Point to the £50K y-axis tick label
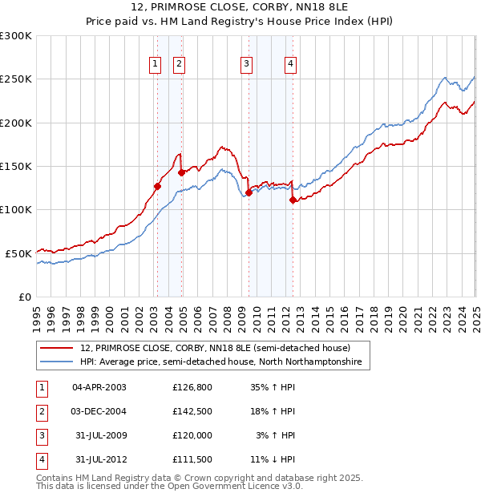coord(18,253)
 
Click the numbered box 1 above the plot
coord(154,65)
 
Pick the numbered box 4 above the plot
coord(290,65)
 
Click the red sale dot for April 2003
coord(157,187)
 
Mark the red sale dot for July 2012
coord(293,200)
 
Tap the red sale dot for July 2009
coord(249,192)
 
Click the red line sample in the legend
coord(58,349)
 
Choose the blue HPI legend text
coord(220,362)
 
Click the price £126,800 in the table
coord(192,387)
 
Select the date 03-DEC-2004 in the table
coord(99,411)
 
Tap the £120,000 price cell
coord(192,435)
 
